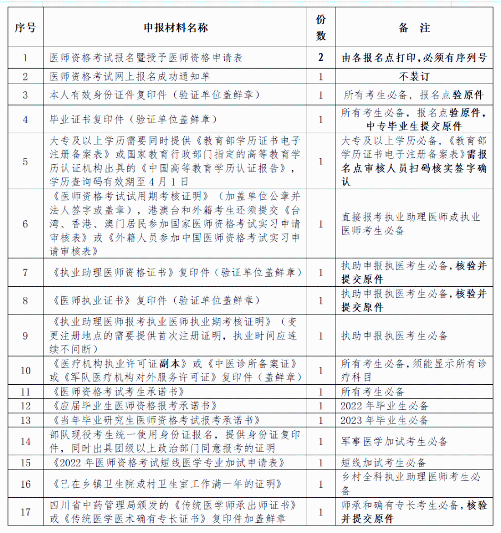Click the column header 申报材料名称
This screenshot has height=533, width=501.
tap(176, 28)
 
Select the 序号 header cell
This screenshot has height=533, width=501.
tap(25, 28)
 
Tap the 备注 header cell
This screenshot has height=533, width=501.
tap(414, 28)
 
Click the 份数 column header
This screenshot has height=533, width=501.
tap(321, 28)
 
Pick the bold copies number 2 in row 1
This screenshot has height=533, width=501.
tap(321, 58)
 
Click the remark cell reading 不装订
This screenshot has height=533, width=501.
tap(414, 76)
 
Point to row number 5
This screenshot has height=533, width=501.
tap(25, 161)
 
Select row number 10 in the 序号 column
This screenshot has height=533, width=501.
tap(25, 370)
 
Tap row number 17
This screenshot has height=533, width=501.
tap(25, 512)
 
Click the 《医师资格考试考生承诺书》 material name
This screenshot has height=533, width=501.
tap(112, 392)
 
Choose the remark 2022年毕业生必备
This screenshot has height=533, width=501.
tap(385, 406)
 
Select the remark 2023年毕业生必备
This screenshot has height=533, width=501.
tap(385, 420)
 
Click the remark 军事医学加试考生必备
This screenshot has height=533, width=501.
tap(395, 441)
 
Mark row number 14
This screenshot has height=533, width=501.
tap(25, 441)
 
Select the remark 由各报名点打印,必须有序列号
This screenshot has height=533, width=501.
tap(414, 58)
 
